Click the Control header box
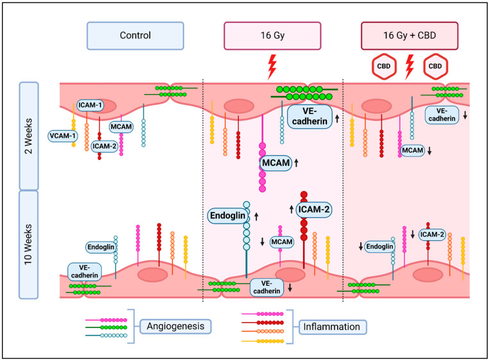135,36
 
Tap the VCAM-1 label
62,136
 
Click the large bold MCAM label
274,163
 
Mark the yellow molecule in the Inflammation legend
263,341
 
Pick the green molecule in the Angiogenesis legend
106,325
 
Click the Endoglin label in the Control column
101,247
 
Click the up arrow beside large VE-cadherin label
336,119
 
